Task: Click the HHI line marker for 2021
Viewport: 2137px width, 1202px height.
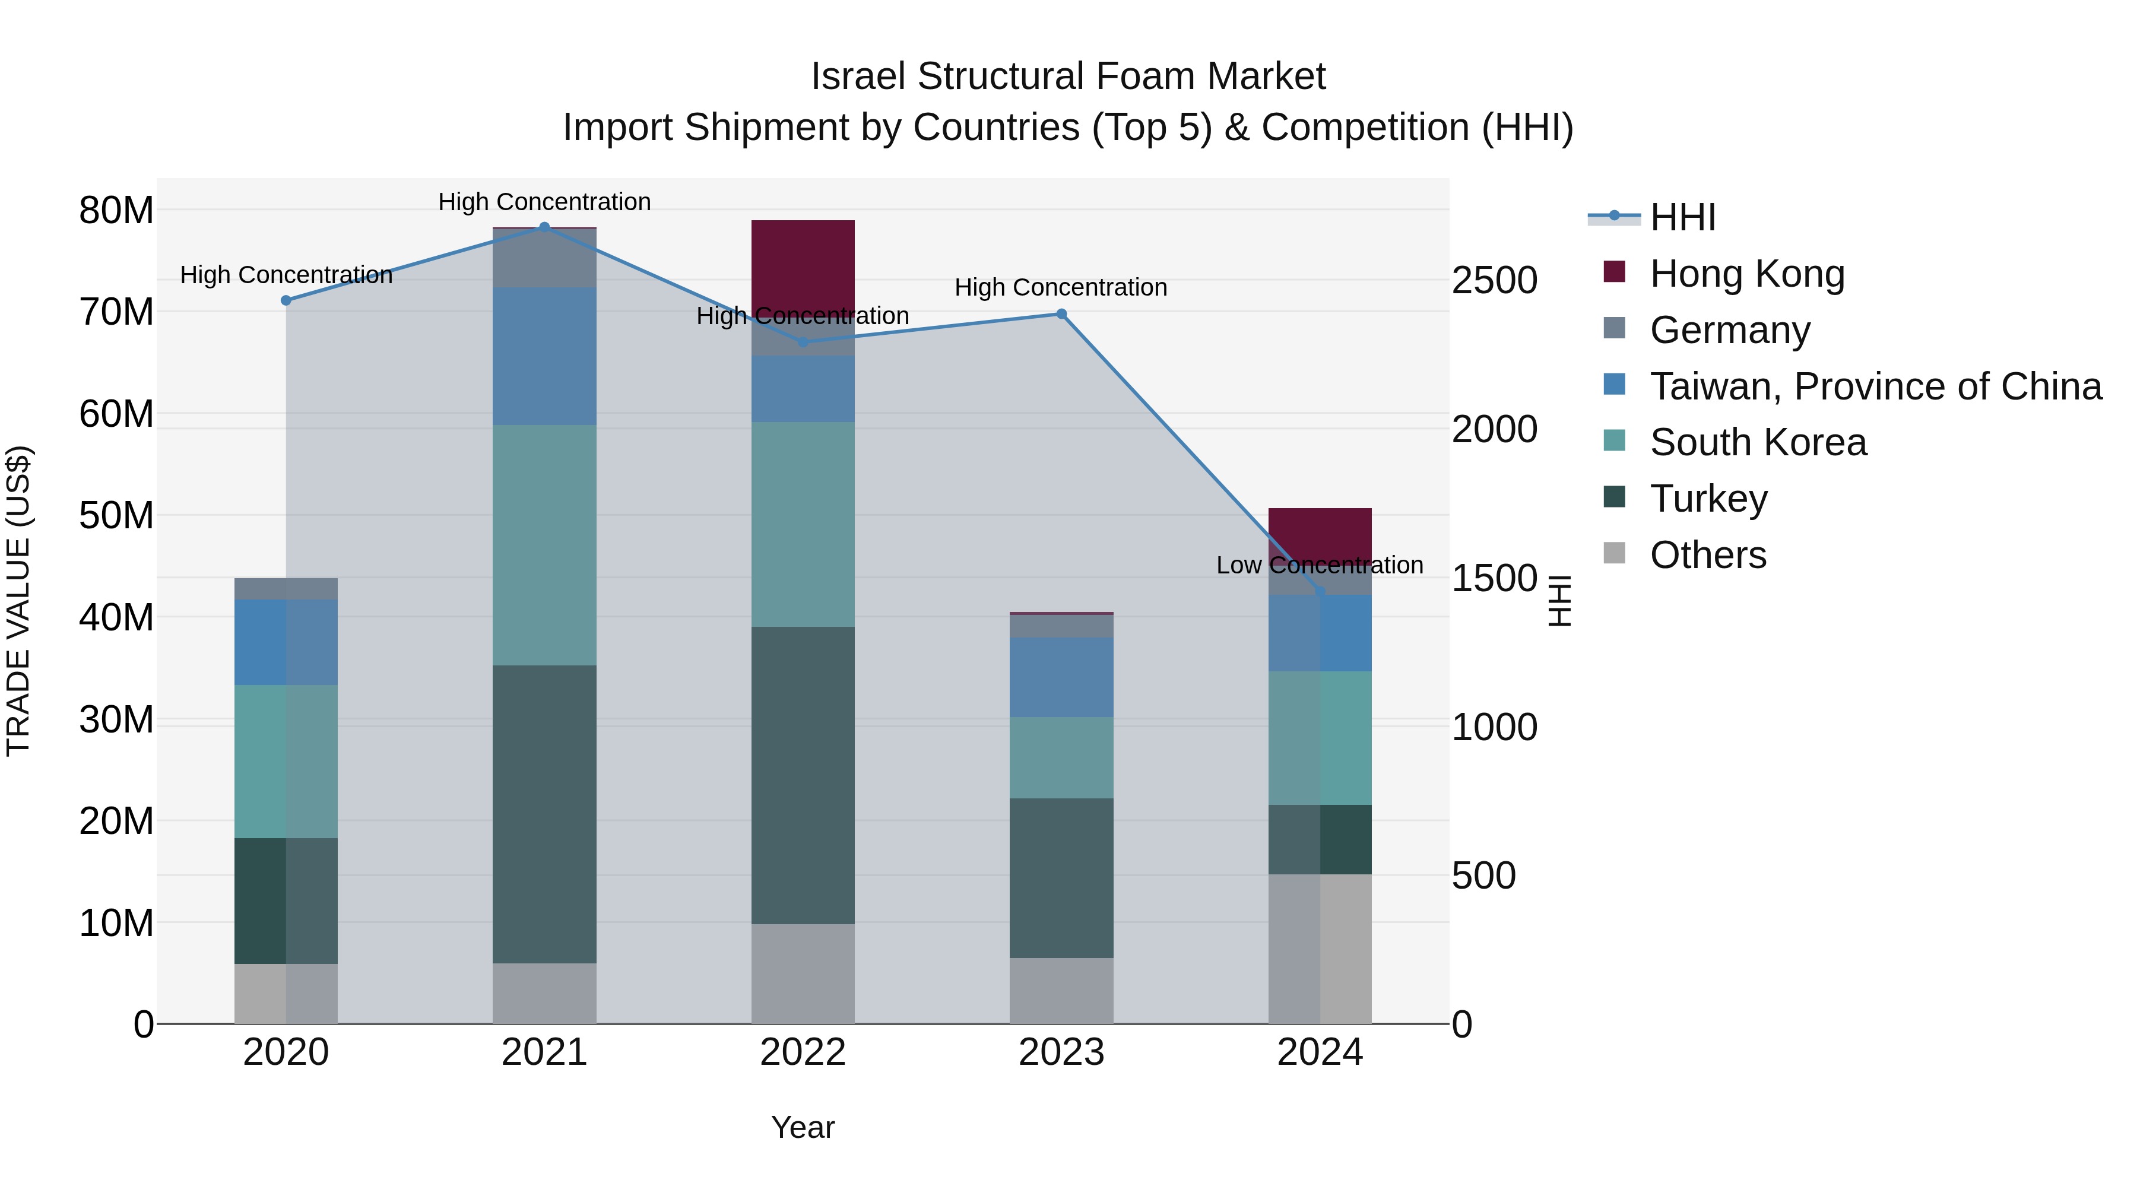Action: pyautogui.click(x=544, y=227)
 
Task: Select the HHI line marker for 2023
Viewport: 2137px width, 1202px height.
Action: pyautogui.click(x=1061, y=313)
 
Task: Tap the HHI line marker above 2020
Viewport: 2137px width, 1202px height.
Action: pyautogui.click(x=286, y=300)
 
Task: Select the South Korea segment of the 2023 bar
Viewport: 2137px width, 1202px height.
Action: pyautogui.click(x=1061, y=757)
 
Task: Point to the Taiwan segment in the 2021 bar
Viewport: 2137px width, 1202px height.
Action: pyautogui.click(x=544, y=356)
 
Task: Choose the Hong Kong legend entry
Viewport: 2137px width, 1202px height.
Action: pyautogui.click(x=1746, y=273)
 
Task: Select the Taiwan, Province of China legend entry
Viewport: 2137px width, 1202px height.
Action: pyautogui.click(x=1875, y=386)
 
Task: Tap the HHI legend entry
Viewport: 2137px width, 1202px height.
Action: pyautogui.click(x=1682, y=217)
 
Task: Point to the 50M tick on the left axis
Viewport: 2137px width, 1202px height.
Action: pyautogui.click(x=116, y=515)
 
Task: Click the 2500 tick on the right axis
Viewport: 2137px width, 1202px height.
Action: pyautogui.click(x=1494, y=280)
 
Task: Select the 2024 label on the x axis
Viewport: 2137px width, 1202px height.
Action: pyautogui.click(x=1319, y=1052)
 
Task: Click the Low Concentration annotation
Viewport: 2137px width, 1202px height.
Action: pyautogui.click(x=1319, y=565)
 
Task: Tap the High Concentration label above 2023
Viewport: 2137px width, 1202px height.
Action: pyautogui.click(x=1060, y=287)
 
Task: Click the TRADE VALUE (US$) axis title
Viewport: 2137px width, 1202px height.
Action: pyautogui.click(x=18, y=601)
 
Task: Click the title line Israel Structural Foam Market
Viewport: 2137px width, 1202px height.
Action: pyautogui.click(x=1068, y=77)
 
